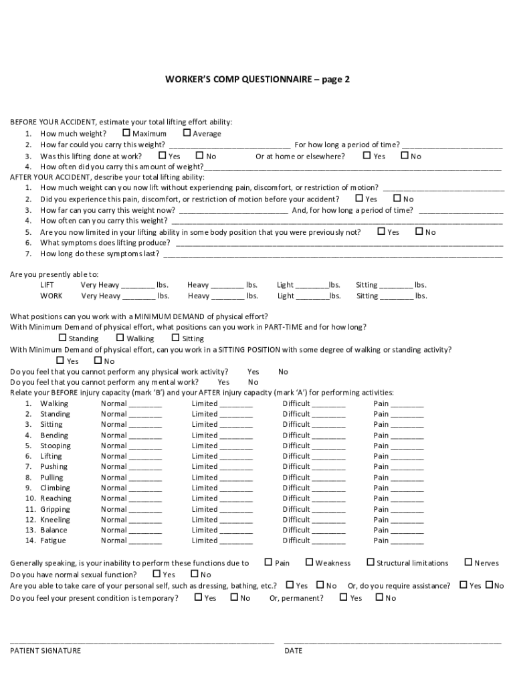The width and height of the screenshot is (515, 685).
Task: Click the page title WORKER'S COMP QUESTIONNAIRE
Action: point(257,80)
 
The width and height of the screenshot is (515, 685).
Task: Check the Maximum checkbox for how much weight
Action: point(126,133)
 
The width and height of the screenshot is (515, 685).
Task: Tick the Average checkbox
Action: point(187,133)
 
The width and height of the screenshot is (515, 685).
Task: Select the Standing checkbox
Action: point(63,338)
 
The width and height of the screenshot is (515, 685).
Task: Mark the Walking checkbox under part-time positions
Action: point(121,338)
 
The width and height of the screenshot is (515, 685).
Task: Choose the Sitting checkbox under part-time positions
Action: point(177,338)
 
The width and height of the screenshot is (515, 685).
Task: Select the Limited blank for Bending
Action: point(236,436)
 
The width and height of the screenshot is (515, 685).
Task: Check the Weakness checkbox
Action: point(310,563)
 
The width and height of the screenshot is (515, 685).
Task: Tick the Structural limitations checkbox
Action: point(371,563)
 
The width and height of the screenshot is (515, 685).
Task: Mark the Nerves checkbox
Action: point(468,563)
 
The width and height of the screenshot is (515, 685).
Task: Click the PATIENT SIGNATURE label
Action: point(45,651)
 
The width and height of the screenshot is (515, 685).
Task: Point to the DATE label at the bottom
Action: point(293,651)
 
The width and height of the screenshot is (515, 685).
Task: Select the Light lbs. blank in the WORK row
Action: point(312,296)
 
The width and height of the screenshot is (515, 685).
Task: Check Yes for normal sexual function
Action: point(157,574)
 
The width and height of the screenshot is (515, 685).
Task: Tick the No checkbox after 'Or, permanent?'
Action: point(379,597)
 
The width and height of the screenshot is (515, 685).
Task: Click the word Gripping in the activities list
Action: point(55,510)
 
